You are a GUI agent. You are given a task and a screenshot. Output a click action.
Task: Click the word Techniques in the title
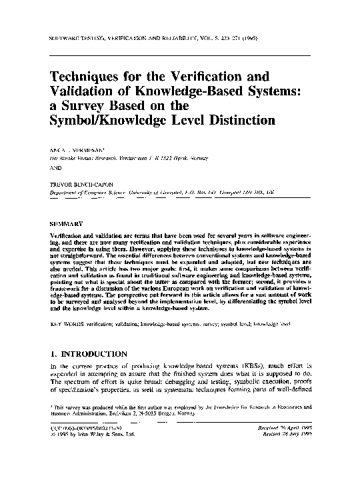pyautogui.click(x=86, y=77)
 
